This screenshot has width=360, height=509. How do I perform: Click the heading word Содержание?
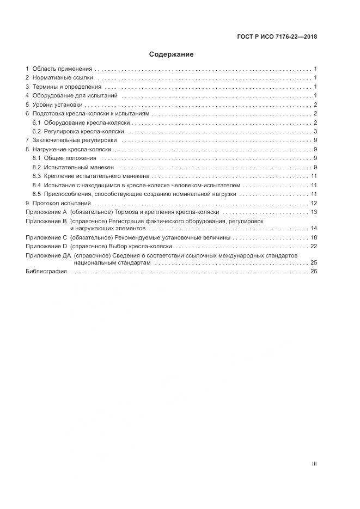pos(171,54)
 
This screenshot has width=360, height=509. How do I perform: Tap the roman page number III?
pos(314,463)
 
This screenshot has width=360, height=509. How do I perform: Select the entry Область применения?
pos(62,69)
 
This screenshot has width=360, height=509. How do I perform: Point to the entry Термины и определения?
pos(66,87)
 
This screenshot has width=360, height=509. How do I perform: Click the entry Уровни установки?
pos(57,105)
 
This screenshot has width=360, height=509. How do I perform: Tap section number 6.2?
pos(37,131)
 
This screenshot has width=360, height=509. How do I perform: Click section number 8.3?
pos(37,176)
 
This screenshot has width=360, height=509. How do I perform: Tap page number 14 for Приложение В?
pos(314,229)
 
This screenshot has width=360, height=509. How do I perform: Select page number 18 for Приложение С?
pos(314,237)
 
